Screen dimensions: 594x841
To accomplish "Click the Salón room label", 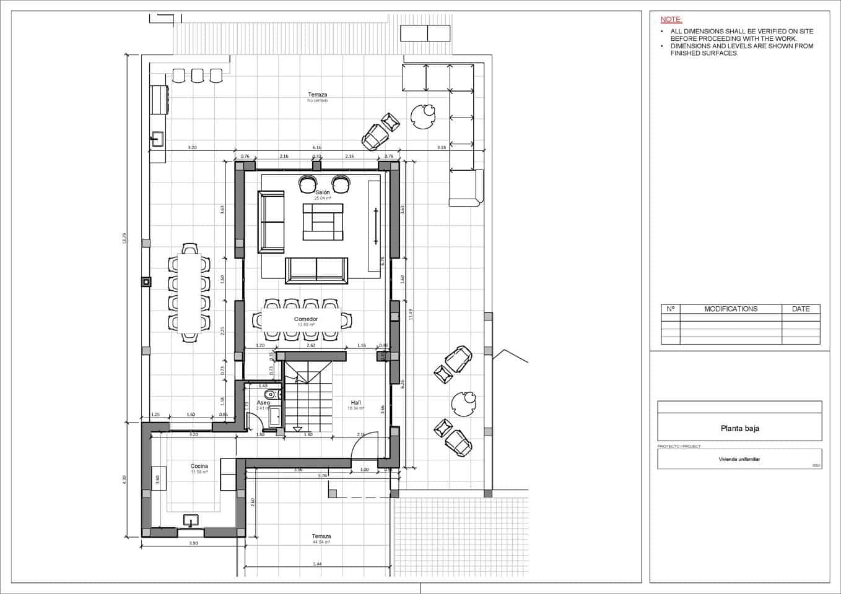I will click(x=322, y=192).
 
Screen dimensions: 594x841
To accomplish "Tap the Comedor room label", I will click(x=306, y=319).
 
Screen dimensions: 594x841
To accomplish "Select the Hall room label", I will click(x=355, y=403).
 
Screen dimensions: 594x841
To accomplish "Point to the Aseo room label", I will click(x=263, y=403).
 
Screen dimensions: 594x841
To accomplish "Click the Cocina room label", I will click(x=199, y=467).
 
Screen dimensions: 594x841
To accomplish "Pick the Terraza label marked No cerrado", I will click(x=318, y=95).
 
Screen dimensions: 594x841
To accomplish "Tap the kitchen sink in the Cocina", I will click(x=191, y=520).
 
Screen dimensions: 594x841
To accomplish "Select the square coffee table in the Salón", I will click(x=323, y=222).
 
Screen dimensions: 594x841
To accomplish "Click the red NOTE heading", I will click(x=671, y=20).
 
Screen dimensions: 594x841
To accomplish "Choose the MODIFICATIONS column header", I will click(x=731, y=309).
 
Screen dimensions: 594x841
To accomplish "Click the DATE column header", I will click(x=800, y=309).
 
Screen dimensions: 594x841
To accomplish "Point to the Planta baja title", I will click(x=739, y=428).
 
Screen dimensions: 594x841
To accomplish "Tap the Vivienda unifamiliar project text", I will click(x=739, y=459).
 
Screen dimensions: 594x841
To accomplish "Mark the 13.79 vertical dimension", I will click(x=124, y=238).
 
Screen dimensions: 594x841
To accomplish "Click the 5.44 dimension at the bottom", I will click(x=318, y=564).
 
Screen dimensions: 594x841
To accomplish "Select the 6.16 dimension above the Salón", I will click(x=317, y=148).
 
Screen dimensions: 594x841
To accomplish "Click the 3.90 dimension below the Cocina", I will click(x=193, y=543).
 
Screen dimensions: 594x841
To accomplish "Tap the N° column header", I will click(x=671, y=309).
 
